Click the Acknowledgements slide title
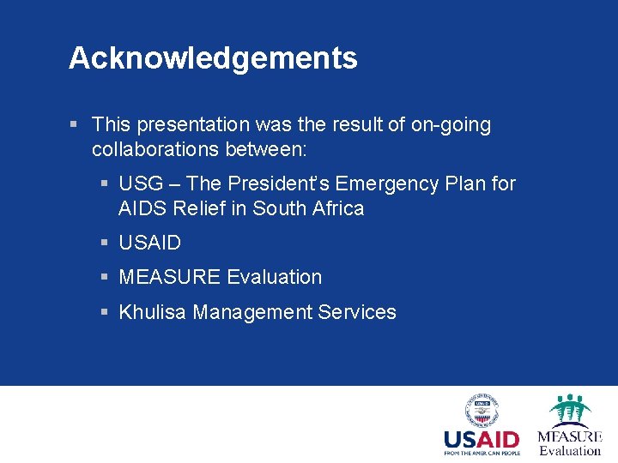(x=213, y=58)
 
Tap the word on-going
(x=451, y=125)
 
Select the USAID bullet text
(x=150, y=244)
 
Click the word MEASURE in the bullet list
(x=169, y=278)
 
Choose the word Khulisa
(x=152, y=313)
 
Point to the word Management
(x=252, y=313)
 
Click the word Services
(x=357, y=313)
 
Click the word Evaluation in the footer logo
(x=570, y=451)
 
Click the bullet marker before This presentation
(x=76, y=125)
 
